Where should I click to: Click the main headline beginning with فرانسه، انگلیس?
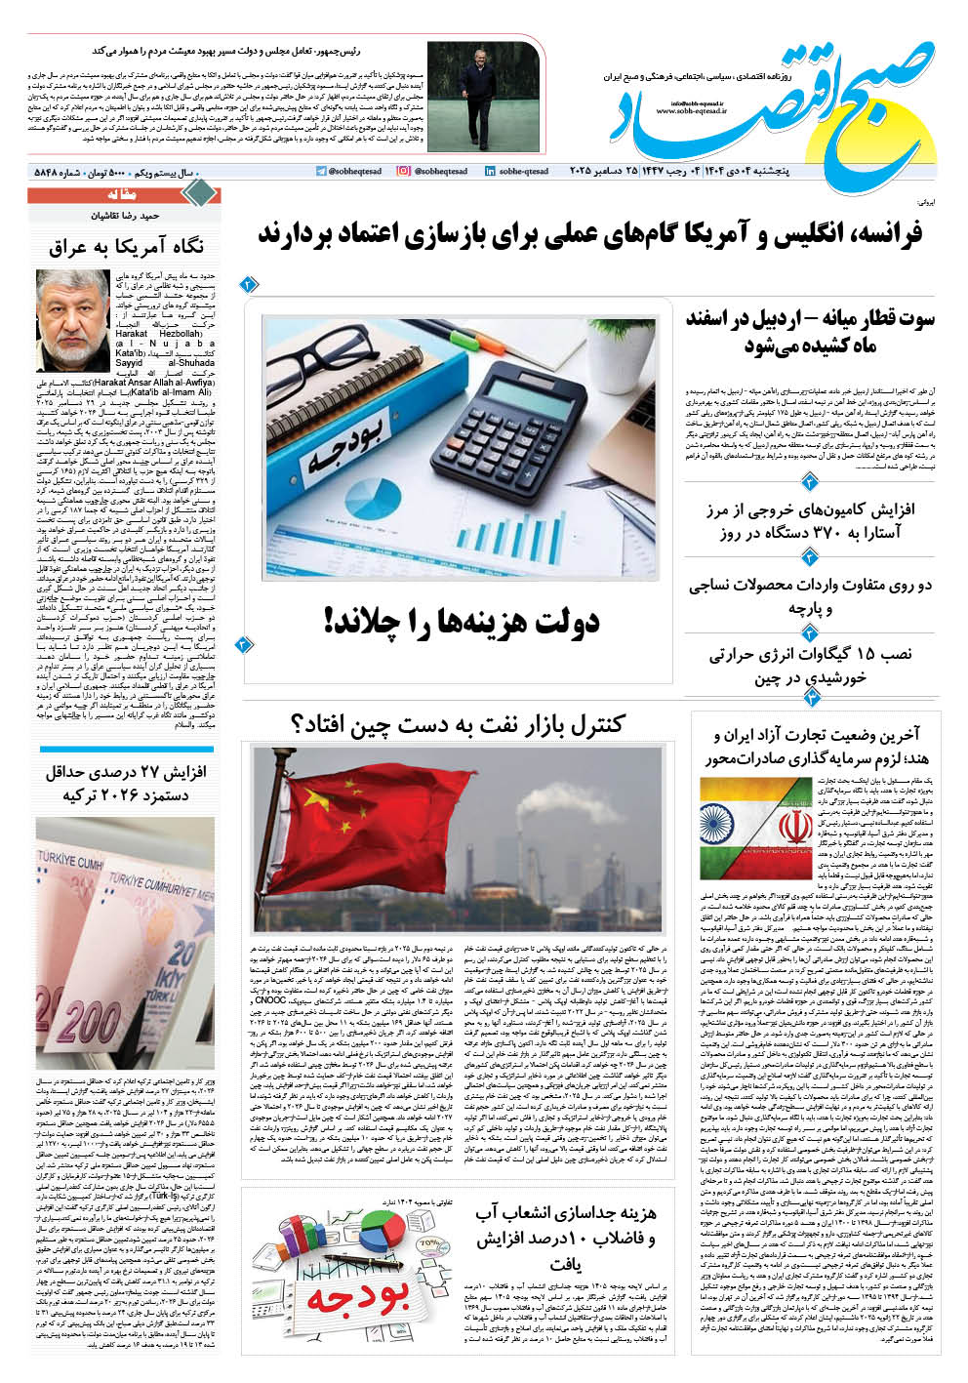click(590, 234)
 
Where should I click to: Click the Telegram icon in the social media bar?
click(321, 172)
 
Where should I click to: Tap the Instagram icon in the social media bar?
click(403, 172)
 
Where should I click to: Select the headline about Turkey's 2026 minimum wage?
click(126, 783)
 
